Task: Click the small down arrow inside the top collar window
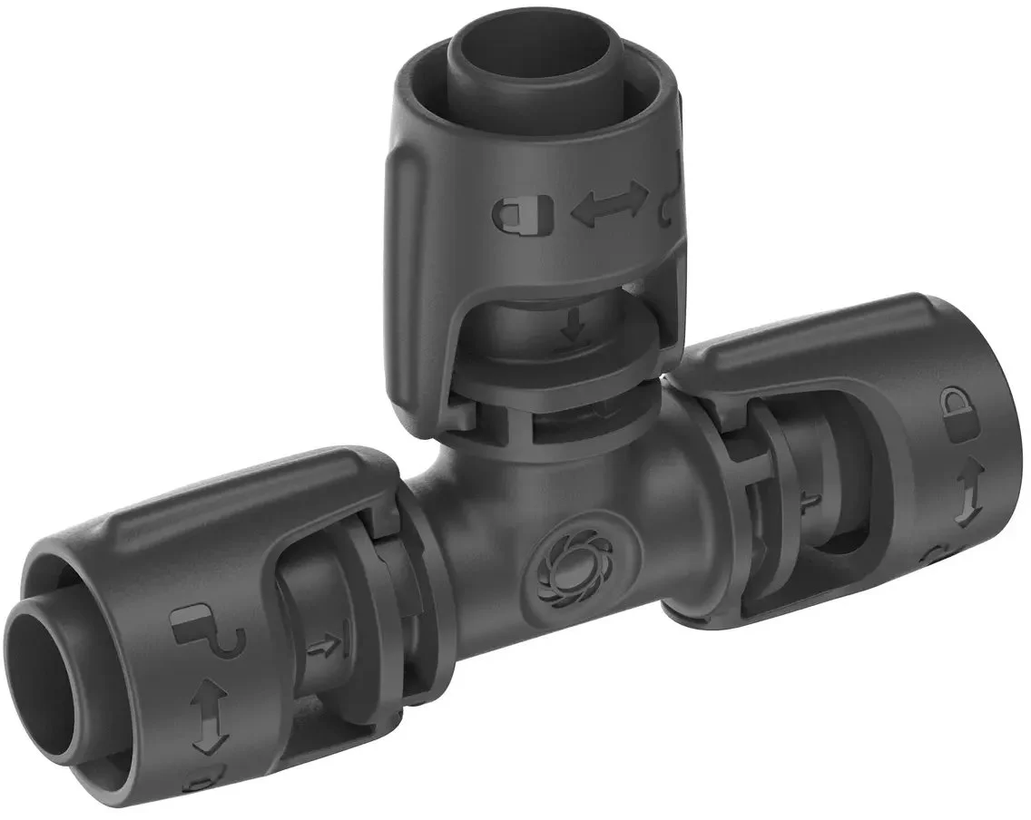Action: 573,327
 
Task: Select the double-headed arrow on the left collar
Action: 208,711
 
